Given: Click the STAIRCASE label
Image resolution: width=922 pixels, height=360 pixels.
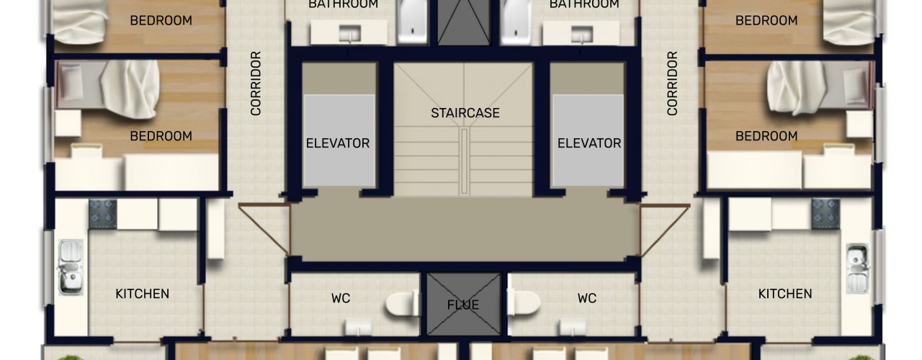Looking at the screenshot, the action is [x=465, y=113].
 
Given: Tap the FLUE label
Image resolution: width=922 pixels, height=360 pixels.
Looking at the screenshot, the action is [x=463, y=305].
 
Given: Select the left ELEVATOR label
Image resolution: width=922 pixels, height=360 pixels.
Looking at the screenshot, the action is [x=338, y=143].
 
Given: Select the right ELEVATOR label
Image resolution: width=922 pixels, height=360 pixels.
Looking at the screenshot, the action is [x=589, y=143].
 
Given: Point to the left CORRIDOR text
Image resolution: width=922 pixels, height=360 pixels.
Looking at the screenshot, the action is [x=256, y=83].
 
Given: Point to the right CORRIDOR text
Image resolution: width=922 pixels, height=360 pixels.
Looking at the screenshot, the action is [x=672, y=83].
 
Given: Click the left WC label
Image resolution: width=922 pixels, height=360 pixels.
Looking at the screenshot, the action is [x=341, y=298].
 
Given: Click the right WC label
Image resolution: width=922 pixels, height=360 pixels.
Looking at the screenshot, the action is [x=587, y=298].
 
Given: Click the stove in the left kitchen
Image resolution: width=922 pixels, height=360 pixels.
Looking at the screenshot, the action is [x=103, y=214].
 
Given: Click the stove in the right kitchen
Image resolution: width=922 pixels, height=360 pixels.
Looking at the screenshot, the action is [x=825, y=214].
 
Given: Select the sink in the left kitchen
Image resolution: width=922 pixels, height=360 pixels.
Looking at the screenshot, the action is [x=71, y=267].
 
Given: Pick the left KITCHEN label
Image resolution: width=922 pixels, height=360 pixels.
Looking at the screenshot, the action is [x=142, y=294].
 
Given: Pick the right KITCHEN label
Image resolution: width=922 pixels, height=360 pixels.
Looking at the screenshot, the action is [x=785, y=294].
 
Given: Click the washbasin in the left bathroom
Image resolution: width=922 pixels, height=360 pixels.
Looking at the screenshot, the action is [x=350, y=34].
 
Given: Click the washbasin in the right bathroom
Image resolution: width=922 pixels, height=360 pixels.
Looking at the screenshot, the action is [x=581, y=34].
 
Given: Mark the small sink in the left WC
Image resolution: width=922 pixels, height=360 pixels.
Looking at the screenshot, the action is [x=358, y=328].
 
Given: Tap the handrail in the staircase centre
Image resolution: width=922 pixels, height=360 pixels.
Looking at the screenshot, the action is [x=465, y=161].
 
